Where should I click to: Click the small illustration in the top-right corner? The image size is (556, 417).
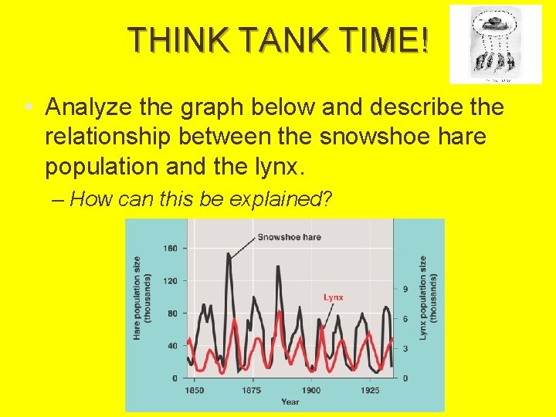pos(495,44)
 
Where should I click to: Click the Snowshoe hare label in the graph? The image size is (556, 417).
pos(289,237)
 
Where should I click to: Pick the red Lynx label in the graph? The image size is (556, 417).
pos(333,297)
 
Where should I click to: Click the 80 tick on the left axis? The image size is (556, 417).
pos(172,313)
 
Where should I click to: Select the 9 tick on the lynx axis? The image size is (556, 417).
pos(405,288)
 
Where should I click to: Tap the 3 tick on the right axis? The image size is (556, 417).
pos(405,349)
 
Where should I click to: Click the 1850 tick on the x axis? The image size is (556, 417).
pos(194,391)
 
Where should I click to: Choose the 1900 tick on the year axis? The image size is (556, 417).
pos(311,391)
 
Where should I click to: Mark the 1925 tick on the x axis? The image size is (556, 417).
pos(370,391)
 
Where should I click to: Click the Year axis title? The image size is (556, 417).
pos(290,402)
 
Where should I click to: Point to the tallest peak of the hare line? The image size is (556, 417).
pos(229,254)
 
